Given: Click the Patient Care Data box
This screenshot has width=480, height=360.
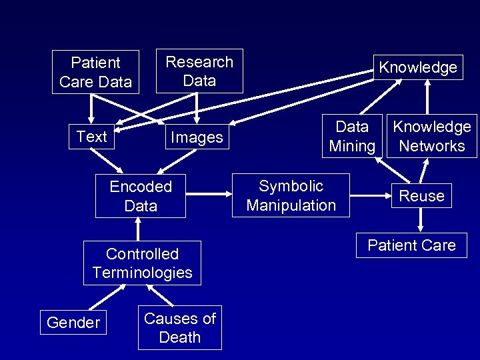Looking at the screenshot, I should pyautogui.click(x=95, y=72).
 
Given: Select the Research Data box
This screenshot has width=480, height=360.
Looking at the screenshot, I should pyautogui.click(x=199, y=71).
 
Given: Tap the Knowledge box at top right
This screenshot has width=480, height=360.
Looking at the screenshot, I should pyautogui.click(x=417, y=67).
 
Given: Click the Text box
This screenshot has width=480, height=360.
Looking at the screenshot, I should pyautogui.click(x=91, y=137).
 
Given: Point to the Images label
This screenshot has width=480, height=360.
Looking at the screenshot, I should pyautogui.click(x=197, y=137).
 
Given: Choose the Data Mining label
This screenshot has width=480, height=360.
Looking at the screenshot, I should pyautogui.click(x=352, y=137).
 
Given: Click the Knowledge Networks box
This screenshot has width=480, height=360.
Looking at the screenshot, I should pyautogui.click(x=431, y=137).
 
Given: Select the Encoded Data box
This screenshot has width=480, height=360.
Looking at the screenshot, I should pyautogui.click(x=141, y=196).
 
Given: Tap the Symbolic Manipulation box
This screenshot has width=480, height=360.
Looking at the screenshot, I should pyautogui.click(x=291, y=195).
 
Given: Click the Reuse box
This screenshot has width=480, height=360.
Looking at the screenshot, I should pyautogui.click(x=421, y=196).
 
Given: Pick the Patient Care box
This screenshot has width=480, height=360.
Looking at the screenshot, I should pyautogui.click(x=411, y=245).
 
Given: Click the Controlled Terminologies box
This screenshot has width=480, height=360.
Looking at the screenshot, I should pyautogui.click(x=142, y=263).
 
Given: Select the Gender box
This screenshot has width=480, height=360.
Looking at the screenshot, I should pyautogui.click(x=73, y=323).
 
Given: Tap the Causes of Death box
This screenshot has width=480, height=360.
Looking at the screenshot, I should pyautogui.click(x=180, y=327).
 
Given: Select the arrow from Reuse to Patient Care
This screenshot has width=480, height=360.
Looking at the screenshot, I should pyautogui.click(x=421, y=220).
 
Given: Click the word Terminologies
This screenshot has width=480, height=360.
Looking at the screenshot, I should pyautogui.click(x=142, y=272).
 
